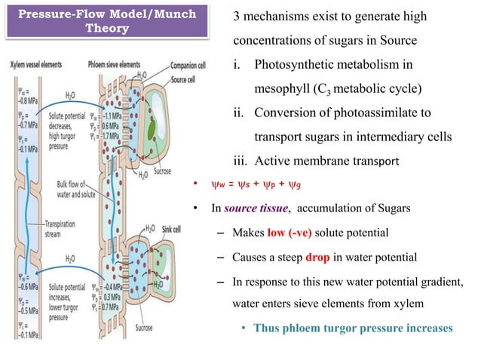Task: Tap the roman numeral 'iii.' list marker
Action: tap(240, 160)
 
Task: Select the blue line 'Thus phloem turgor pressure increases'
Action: tap(353, 328)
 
